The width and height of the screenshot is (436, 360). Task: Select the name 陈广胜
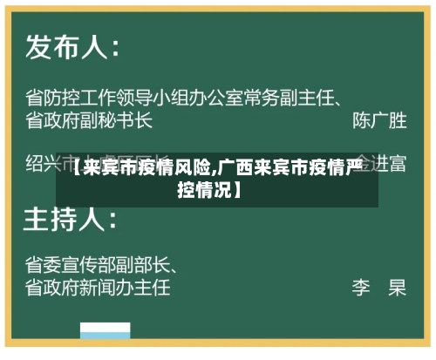click(x=378, y=119)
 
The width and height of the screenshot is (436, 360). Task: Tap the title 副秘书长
click(x=121, y=119)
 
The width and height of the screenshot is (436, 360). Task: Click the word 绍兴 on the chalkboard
click(x=45, y=162)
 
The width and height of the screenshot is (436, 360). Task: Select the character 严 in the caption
click(x=352, y=169)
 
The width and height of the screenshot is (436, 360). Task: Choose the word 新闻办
click(x=107, y=286)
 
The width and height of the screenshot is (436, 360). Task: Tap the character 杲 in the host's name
click(x=397, y=286)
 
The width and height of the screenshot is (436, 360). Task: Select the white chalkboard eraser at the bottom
click(x=106, y=332)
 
